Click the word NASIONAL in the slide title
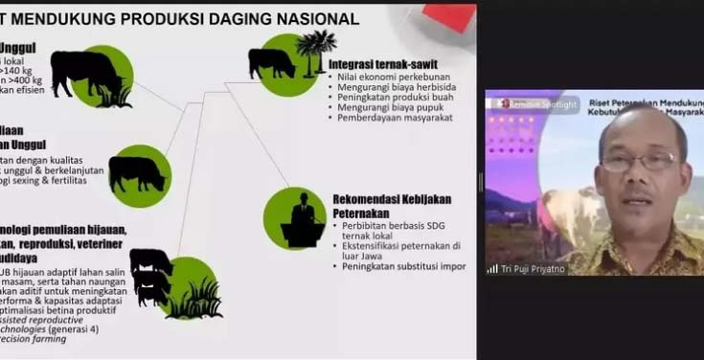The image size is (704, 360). [x=311, y=18]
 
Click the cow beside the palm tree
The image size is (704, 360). [x=272, y=63]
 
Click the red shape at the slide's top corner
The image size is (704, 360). [x=450, y=15]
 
